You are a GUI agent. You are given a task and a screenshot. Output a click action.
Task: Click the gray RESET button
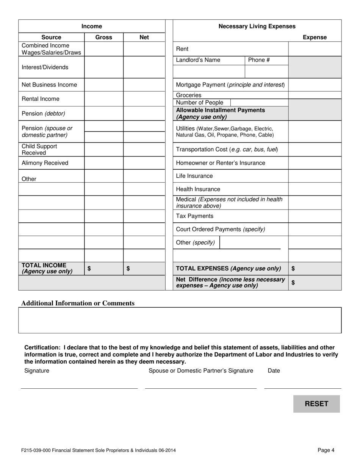pos(316,404)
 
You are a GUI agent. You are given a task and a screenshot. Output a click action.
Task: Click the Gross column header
pos(104,37)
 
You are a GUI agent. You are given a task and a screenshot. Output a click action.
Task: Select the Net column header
pos(144,37)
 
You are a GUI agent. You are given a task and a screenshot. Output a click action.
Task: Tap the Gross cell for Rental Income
pos(104,99)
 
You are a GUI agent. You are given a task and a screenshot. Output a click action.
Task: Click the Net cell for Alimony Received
pos(144,163)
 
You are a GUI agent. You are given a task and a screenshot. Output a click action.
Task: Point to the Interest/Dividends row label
pos(45,67)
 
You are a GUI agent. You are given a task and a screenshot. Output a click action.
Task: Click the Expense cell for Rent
pos(315,49)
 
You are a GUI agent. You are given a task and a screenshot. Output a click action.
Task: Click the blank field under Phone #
pos(267,71)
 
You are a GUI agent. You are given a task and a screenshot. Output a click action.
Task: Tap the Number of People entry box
pos(259,103)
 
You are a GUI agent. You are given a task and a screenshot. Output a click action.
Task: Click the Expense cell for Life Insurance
pos(315,176)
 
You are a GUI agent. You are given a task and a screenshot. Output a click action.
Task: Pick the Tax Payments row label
pos(195,216)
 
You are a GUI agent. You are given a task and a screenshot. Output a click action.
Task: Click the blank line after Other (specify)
pos(250,243)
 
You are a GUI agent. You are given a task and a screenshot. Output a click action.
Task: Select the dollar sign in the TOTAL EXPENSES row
pos(293,269)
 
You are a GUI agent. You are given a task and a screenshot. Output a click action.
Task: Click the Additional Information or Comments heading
pos(78,303)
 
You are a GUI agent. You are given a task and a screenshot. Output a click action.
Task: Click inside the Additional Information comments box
pos(180,320)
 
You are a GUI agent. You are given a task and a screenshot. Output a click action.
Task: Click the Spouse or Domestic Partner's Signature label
pos(201,371)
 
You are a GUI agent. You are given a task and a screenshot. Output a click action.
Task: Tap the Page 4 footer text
pos(326,450)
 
